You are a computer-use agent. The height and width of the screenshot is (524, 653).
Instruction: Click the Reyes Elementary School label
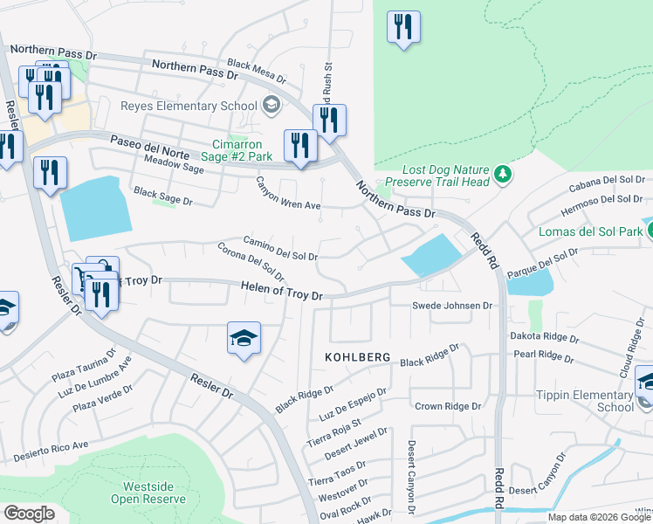189,106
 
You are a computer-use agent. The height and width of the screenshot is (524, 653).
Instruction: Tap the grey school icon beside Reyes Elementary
271,106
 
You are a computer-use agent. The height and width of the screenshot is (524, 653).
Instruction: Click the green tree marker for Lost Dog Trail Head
502,176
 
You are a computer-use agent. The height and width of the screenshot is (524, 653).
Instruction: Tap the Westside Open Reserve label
148,493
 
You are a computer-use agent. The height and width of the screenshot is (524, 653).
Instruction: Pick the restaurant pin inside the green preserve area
403,27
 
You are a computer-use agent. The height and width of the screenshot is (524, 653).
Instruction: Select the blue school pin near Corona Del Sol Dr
244,340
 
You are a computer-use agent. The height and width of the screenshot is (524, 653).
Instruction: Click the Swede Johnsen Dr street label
453,307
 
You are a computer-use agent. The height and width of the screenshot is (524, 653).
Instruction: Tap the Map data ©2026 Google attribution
599,517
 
